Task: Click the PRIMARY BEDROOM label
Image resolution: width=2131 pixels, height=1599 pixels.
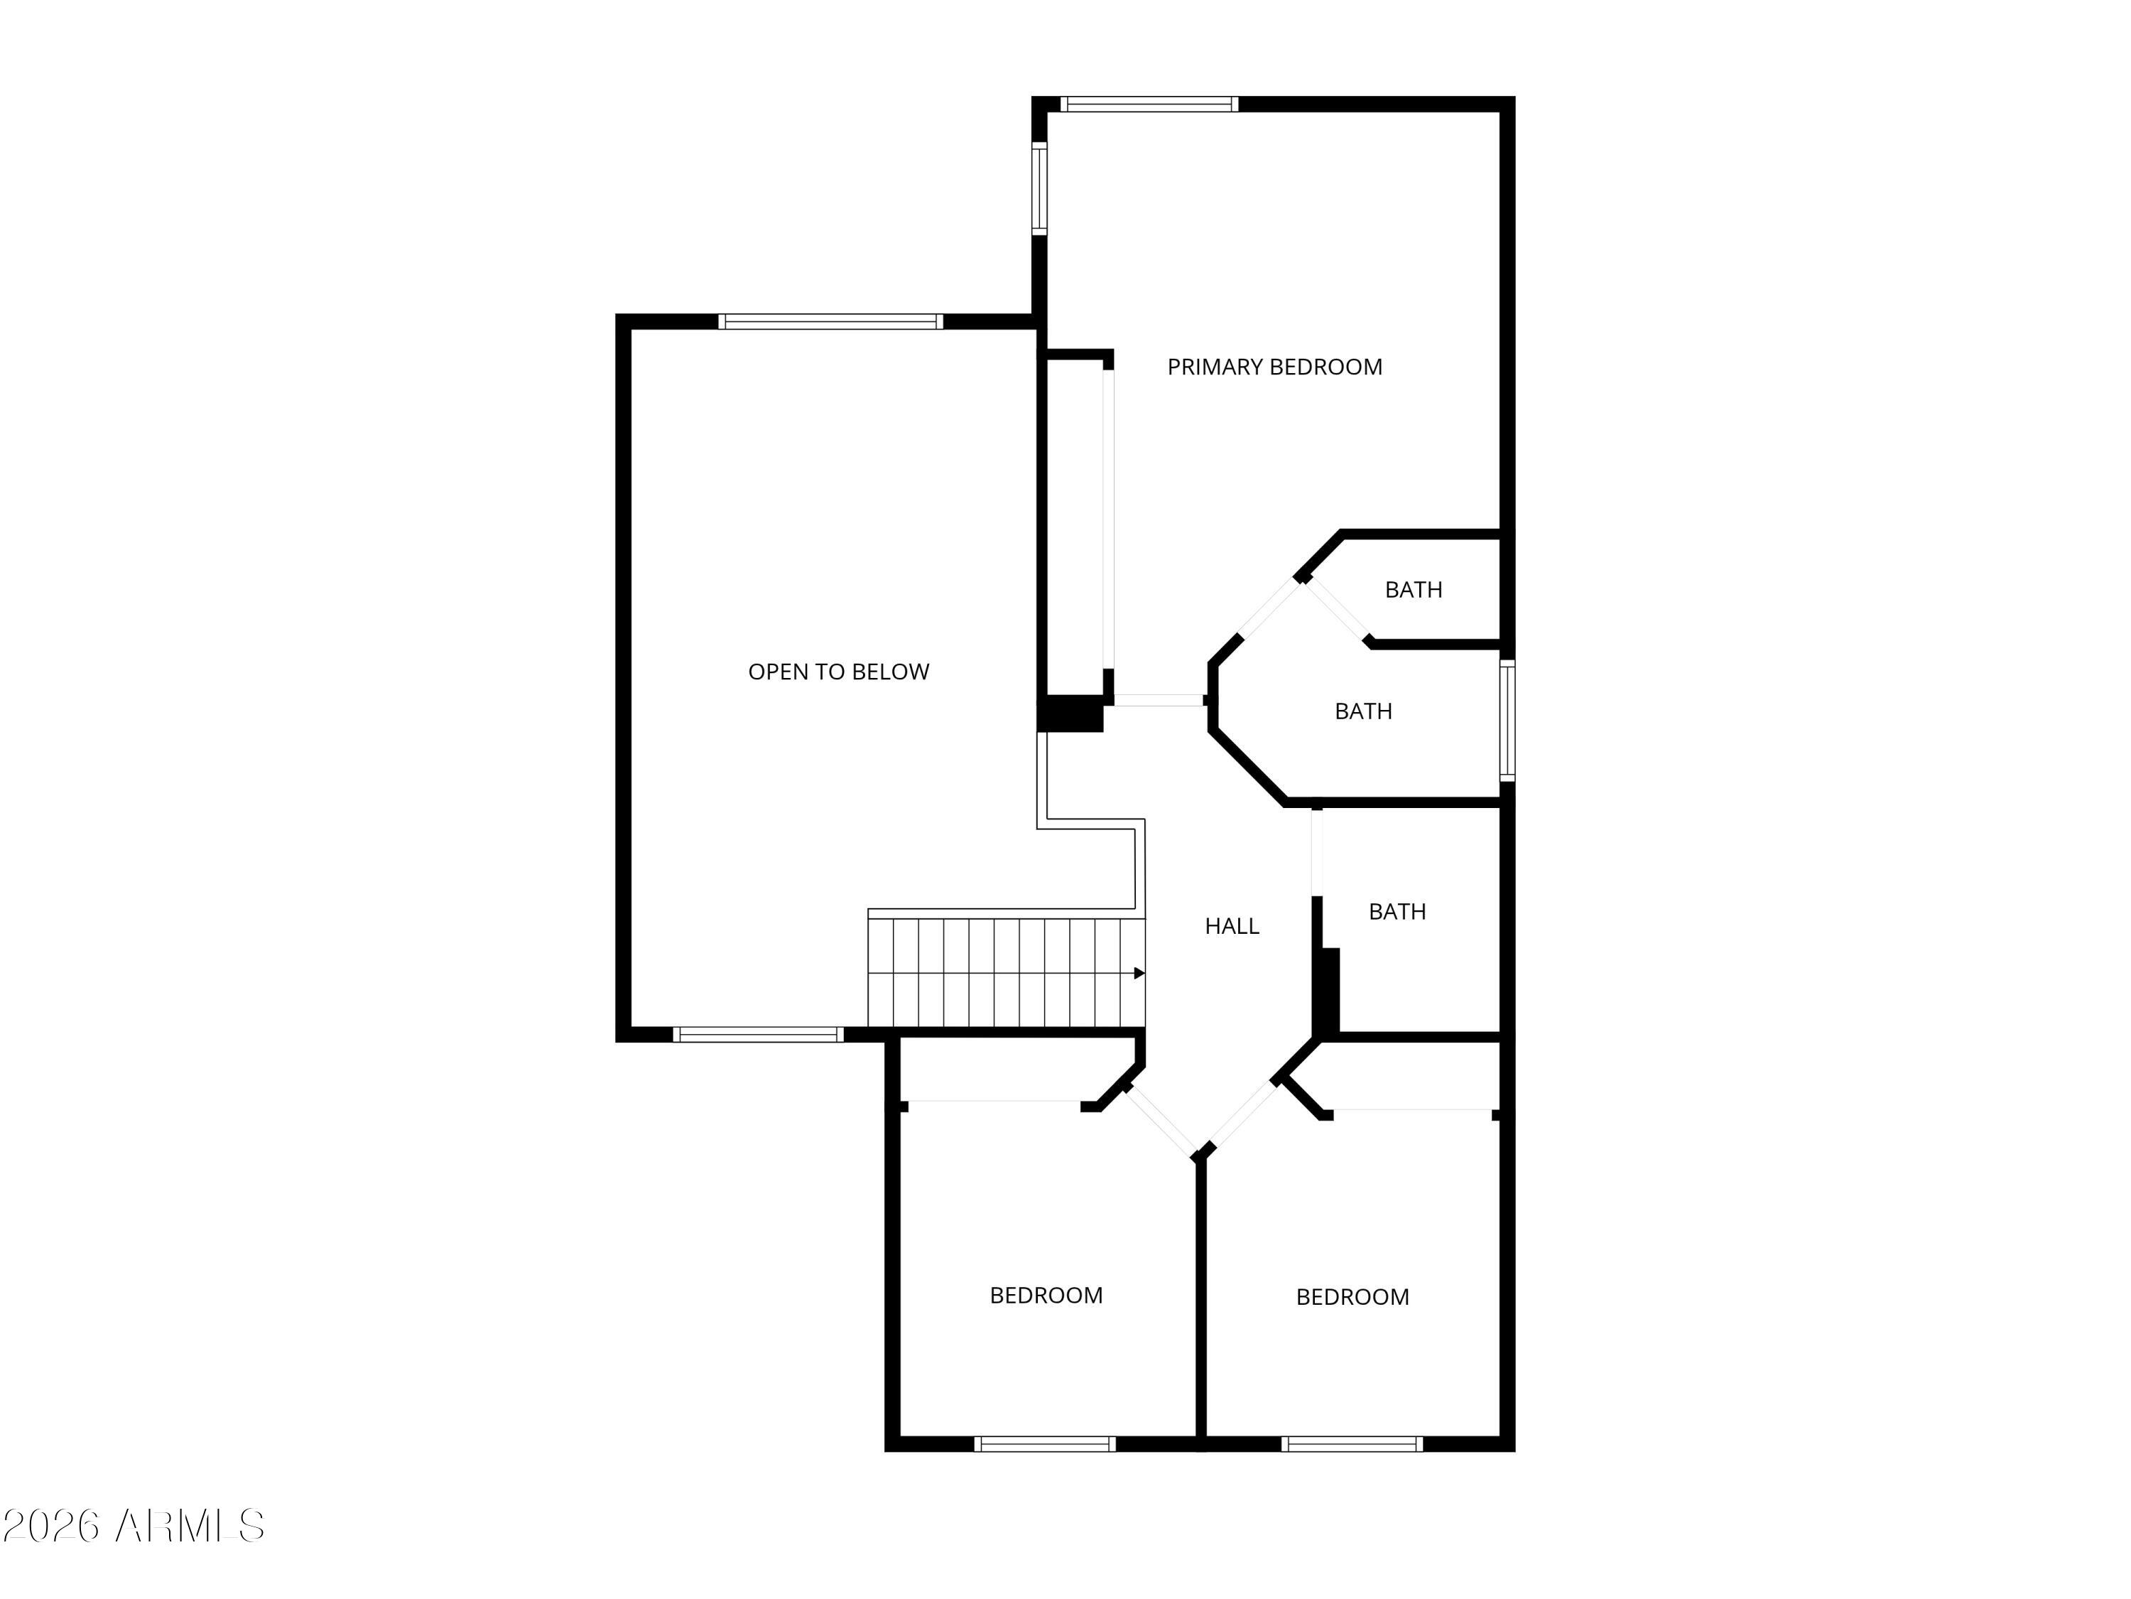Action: pyautogui.click(x=1274, y=367)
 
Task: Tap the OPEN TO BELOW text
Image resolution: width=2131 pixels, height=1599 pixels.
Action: pyautogui.click(x=838, y=672)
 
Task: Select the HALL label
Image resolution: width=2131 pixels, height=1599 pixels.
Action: pyautogui.click(x=1231, y=926)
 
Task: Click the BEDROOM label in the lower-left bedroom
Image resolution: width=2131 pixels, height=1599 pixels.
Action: pyautogui.click(x=1046, y=1296)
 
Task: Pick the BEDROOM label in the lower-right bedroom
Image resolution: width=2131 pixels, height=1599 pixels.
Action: pyautogui.click(x=1352, y=1297)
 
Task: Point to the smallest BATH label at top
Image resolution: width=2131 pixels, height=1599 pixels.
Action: pyautogui.click(x=1414, y=590)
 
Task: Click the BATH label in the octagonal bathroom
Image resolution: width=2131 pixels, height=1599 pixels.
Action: pyautogui.click(x=1363, y=711)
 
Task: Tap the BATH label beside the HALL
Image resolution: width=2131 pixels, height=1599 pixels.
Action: pyautogui.click(x=1397, y=912)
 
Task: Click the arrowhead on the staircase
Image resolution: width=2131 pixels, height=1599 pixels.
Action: pyautogui.click(x=1139, y=974)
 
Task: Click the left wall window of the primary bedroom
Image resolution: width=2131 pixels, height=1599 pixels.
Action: pyautogui.click(x=1039, y=189)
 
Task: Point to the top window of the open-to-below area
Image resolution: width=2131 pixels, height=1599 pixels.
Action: pyautogui.click(x=830, y=322)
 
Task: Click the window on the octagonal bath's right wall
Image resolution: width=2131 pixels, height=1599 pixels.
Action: pyautogui.click(x=1508, y=720)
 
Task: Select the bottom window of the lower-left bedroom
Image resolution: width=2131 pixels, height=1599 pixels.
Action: pyautogui.click(x=1044, y=1444)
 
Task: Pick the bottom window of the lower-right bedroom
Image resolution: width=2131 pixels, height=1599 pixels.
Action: pyautogui.click(x=1352, y=1444)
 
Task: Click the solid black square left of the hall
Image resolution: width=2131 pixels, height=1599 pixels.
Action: pyautogui.click(x=1069, y=714)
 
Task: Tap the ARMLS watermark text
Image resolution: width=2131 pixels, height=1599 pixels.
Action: pyautogui.click(x=190, y=1526)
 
